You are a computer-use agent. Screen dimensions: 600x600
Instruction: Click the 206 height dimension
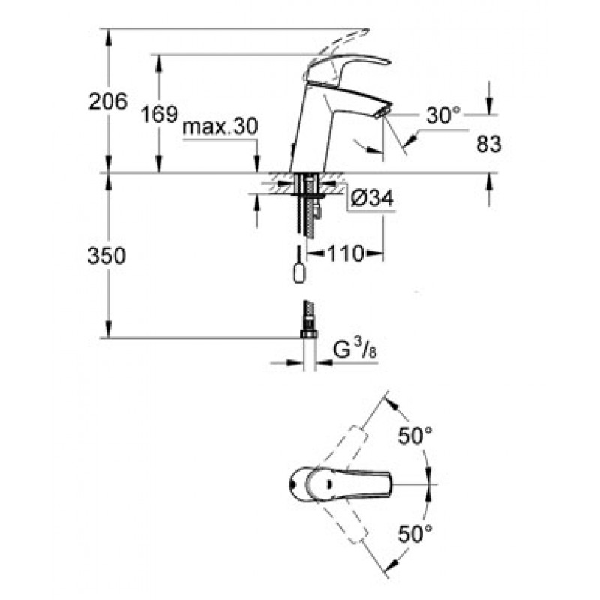(x=107, y=102)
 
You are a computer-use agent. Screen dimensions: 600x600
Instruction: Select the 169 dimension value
(x=159, y=114)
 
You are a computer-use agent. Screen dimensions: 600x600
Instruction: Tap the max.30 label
(x=220, y=127)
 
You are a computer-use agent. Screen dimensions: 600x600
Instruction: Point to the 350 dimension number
(x=106, y=256)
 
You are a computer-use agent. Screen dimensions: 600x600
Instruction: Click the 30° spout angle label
(x=443, y=115)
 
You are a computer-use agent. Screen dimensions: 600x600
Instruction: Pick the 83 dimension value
(x=489, y=144)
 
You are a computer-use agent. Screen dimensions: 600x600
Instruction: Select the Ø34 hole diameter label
(x=372, y=199)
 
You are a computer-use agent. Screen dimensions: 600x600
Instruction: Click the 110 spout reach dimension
(x=346, y=253)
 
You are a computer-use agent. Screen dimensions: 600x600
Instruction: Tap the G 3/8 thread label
(x=355, y=349)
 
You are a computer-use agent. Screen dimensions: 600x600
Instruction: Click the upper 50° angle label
(x=415, y=436)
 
